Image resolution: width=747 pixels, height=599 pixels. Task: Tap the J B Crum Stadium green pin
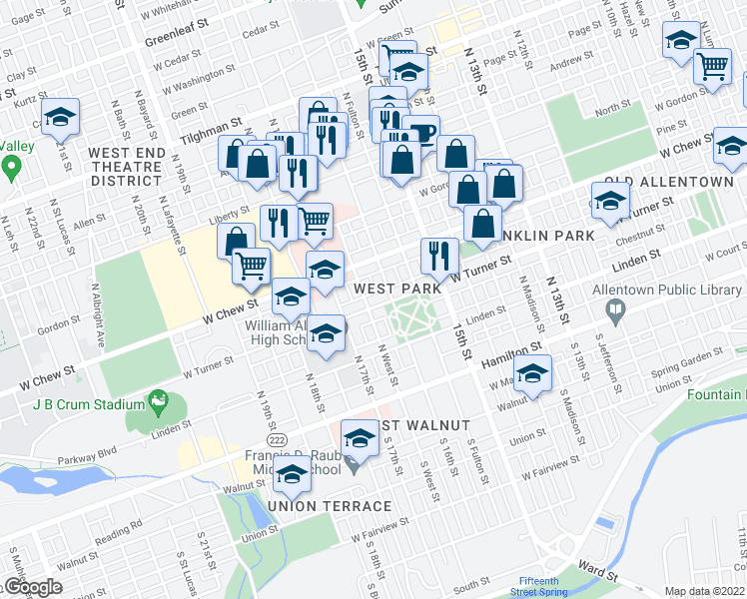point(157,402)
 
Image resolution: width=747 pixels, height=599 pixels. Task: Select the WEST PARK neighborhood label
point(397,288)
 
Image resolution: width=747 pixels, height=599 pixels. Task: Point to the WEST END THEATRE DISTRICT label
point(125,167)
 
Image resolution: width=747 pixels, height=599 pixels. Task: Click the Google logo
point(33,587)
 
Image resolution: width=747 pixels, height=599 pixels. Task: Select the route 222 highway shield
point(272,440)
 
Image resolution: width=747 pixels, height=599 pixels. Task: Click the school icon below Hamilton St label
point(533,375)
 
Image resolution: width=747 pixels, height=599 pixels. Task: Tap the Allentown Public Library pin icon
point(614,313)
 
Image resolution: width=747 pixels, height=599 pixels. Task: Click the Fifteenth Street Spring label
point(540,586)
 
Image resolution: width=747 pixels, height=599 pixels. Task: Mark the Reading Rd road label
point(113,536)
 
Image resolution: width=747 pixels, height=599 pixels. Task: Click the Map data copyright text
point(704,591)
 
